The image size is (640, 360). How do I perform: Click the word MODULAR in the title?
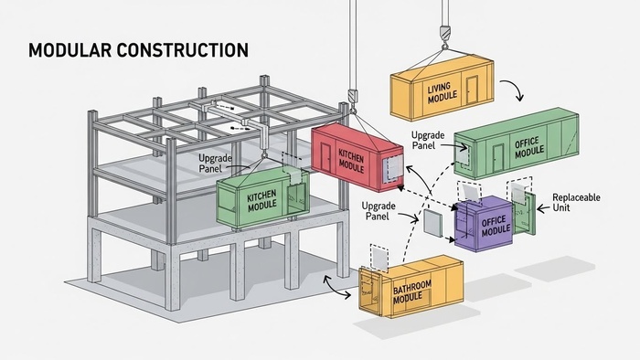[69, 50]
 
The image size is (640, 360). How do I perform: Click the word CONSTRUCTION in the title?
[183, 50]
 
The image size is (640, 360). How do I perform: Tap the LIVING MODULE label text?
[442, 93]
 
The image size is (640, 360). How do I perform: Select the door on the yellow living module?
[472, 90]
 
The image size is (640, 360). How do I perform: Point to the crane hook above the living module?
[444, 37]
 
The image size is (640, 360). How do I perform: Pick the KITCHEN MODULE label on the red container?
[350, 160]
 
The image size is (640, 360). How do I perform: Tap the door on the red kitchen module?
[325, 157]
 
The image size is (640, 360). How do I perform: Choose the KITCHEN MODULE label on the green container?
[261, 201]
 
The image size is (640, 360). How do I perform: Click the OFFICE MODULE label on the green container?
[529, 147]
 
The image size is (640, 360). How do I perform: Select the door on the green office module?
[498, 158]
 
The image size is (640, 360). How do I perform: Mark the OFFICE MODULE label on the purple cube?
[496, 227]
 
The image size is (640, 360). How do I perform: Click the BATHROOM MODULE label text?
[411, 291]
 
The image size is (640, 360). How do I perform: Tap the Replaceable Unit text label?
[576, 202]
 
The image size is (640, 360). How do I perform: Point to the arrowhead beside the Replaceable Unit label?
[540, 208]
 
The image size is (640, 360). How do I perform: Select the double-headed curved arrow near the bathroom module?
[335, 289]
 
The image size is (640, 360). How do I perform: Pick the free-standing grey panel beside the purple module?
[432, 223]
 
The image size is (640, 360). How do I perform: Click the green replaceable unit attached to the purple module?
[525, 213]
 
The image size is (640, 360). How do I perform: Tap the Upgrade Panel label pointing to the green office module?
[427, 140]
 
